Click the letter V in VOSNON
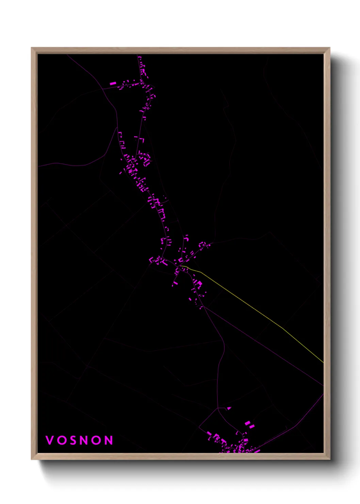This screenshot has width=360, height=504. (50, 440)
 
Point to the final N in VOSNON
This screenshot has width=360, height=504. (108, 440)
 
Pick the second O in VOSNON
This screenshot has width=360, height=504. (96, 440)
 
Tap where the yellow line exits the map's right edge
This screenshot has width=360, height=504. (323, 362)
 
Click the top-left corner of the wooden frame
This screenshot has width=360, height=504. (32, 48)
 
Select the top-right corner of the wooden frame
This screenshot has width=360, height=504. (329, 48)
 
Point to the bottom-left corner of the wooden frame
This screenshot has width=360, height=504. (32, 459)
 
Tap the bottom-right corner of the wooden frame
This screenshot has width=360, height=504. (329, 459)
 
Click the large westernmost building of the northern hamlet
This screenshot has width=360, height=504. (113, 83)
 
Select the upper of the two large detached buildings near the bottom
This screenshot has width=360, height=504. (248, 423)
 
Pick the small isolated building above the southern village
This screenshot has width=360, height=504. (229, 408)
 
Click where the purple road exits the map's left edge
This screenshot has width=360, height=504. (38, 167)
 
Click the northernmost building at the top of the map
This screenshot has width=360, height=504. (139, 57)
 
